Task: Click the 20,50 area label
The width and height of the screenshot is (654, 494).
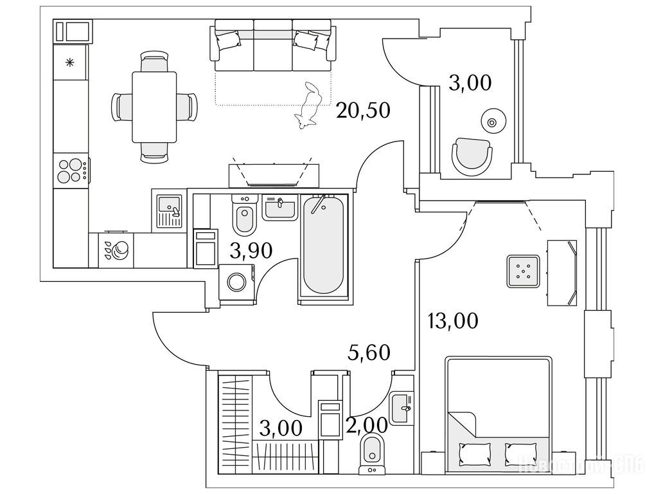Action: pyautogui.click(x=363, y=111)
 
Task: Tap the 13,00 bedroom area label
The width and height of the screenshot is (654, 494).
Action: pyautogui.click(x=453, y=320)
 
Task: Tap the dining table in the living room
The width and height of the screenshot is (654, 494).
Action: pyautogui.click(x=154, y=107)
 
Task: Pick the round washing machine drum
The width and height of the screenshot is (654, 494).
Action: pyautogui.click(x=236, y=283)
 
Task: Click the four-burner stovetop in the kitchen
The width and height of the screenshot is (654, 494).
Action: pyautogui.click(x=70, y=170)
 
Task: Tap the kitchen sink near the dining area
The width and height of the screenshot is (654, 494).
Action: pyautogui.click(x=170, y=210)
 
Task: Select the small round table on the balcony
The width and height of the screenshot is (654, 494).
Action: pyautogui.click(x=492, y=121)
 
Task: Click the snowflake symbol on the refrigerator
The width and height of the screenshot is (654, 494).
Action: pyautogui.click(x=70, y=63)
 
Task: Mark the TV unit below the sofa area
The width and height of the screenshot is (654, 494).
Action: pyautogui.click(x=274, y=174)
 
